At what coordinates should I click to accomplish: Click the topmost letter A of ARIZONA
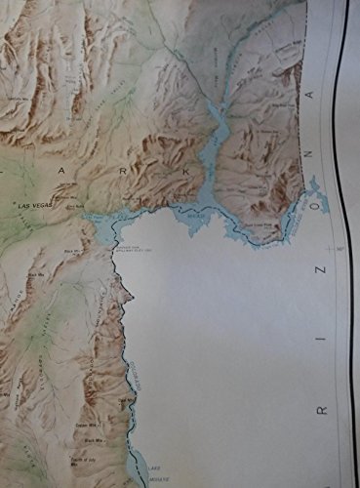[x=311, y=95]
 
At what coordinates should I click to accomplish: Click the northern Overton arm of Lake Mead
[x=217, y=122]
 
